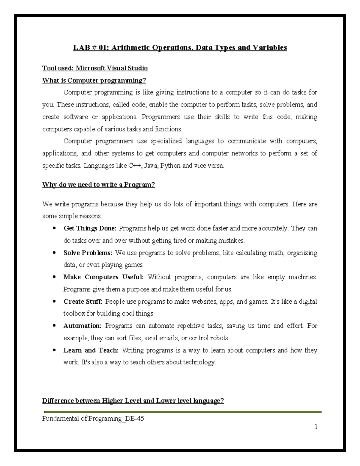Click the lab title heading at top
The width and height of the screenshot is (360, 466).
180,48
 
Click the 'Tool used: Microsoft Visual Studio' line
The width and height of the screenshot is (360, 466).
95,68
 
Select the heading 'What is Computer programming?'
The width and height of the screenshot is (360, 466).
94,80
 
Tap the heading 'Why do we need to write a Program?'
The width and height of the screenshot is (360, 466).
98,185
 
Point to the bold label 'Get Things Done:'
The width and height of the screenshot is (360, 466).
90,228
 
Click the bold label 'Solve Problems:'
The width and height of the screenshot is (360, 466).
88,253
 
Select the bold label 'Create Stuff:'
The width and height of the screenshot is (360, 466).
83,302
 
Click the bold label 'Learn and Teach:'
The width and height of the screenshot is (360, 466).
91,350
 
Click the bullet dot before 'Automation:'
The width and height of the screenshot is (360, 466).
54,326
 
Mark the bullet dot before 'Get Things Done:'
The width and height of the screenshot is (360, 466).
54,228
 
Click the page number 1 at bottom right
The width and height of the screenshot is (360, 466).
316,426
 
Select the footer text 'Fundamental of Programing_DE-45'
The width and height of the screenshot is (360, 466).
93,419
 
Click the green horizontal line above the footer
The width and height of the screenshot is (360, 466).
182,412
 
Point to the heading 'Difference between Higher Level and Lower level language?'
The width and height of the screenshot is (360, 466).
133,401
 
